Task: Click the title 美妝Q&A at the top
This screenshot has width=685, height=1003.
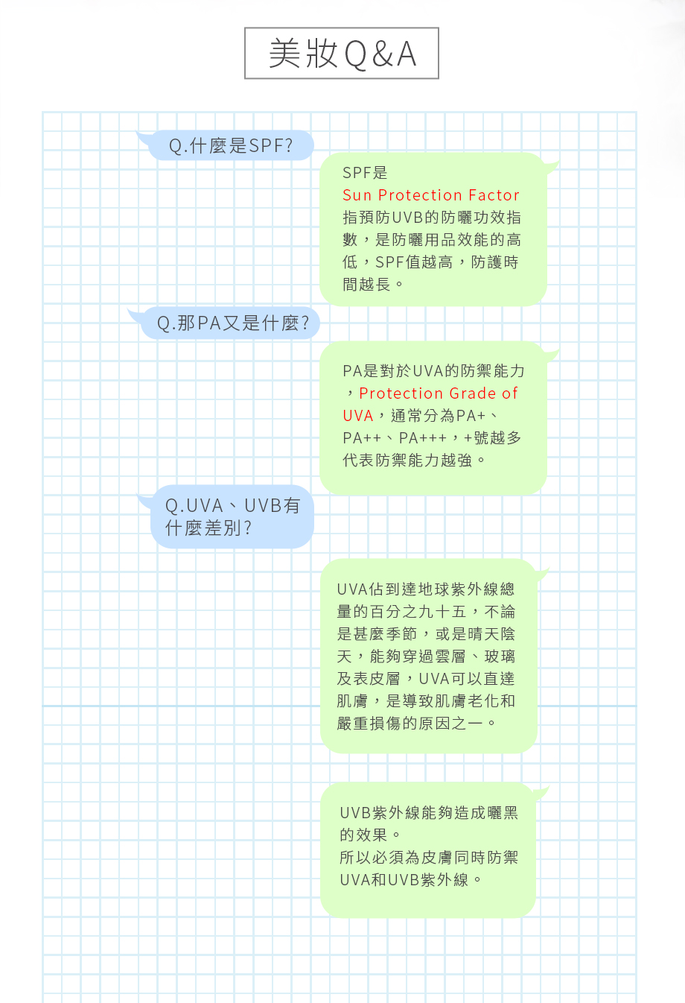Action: click(x=342, y=54)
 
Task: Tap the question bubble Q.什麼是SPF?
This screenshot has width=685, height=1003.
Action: click(x=230, y=145)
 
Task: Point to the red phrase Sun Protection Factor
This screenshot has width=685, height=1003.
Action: click(x=431, y=195)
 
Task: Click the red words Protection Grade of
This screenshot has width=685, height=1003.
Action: click(x=439, y=393)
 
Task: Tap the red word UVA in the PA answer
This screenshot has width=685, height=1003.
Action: click(x=358, y=416)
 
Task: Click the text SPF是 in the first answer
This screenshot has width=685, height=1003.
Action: click(x=365, y=173)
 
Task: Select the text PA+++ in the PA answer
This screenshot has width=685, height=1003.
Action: click(x=423, y=438)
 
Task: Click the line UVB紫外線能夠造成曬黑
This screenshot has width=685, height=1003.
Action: click(x=429, y=813)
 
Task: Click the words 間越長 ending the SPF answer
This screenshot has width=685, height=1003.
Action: click(x=367, y=285)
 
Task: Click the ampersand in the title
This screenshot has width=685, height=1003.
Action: click(x=382, y=54)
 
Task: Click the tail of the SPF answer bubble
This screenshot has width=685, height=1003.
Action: click(x=551, y=166)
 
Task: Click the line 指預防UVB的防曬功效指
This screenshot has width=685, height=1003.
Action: click(x=432, y=218)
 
